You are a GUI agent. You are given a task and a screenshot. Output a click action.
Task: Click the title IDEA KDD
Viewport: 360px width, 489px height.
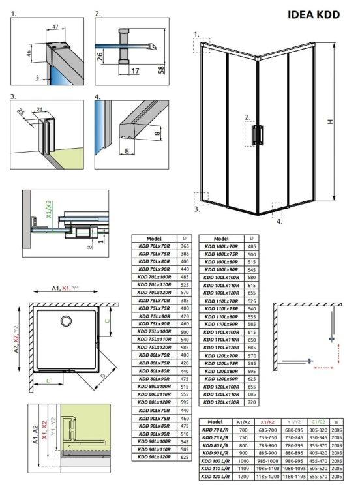click(314, 15)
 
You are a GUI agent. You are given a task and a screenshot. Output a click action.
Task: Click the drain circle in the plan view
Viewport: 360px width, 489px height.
click(67, 320)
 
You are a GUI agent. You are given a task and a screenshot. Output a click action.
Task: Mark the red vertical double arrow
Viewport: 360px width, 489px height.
click(344, 355)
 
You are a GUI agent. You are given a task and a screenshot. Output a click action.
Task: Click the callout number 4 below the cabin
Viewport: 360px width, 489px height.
click(280, 221)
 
